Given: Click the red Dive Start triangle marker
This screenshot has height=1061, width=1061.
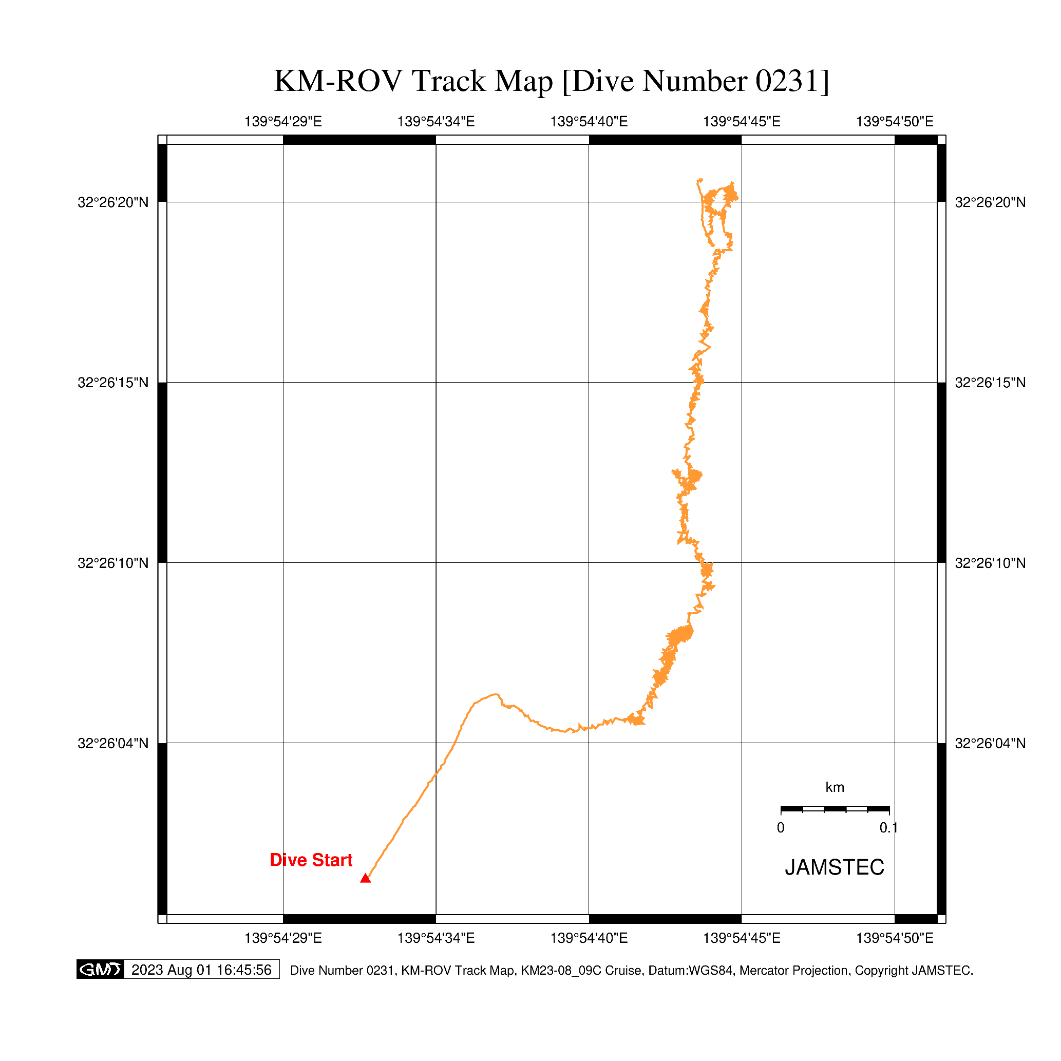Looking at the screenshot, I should tap(365, 879).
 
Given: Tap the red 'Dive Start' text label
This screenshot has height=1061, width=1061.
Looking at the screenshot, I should tap(311, 860).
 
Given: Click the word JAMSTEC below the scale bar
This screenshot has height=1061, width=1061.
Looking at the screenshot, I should tap(834, 868).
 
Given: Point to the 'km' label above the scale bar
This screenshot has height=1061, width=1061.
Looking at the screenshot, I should tap(835, 787).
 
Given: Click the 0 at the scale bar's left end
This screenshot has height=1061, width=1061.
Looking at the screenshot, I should tap(781, 828).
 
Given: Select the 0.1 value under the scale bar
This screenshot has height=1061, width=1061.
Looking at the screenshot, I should tap(888, 828).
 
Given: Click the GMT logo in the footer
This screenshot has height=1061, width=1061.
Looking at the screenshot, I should tap(100, 970).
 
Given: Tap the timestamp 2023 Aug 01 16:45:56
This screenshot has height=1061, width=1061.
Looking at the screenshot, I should tap(201, 970).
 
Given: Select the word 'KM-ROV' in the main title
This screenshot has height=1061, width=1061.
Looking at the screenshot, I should tap(338, 81).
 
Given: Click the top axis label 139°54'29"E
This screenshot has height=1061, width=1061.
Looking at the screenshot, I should tap(283, 121).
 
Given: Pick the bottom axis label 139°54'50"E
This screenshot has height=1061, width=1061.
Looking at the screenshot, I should tap(895, 938).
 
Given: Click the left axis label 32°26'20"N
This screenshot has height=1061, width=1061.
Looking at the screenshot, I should tap(113, 203).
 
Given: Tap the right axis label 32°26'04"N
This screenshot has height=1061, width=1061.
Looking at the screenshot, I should tap(990, 744).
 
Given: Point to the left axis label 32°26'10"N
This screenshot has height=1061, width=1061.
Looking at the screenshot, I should tap(113, 563).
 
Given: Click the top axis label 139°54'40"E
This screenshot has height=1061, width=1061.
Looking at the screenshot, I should tap(589, 121).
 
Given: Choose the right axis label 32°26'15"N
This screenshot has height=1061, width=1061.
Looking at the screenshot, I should tap(990, 383).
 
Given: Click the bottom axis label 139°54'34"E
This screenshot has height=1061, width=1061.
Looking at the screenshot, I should tap(436, 938).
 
